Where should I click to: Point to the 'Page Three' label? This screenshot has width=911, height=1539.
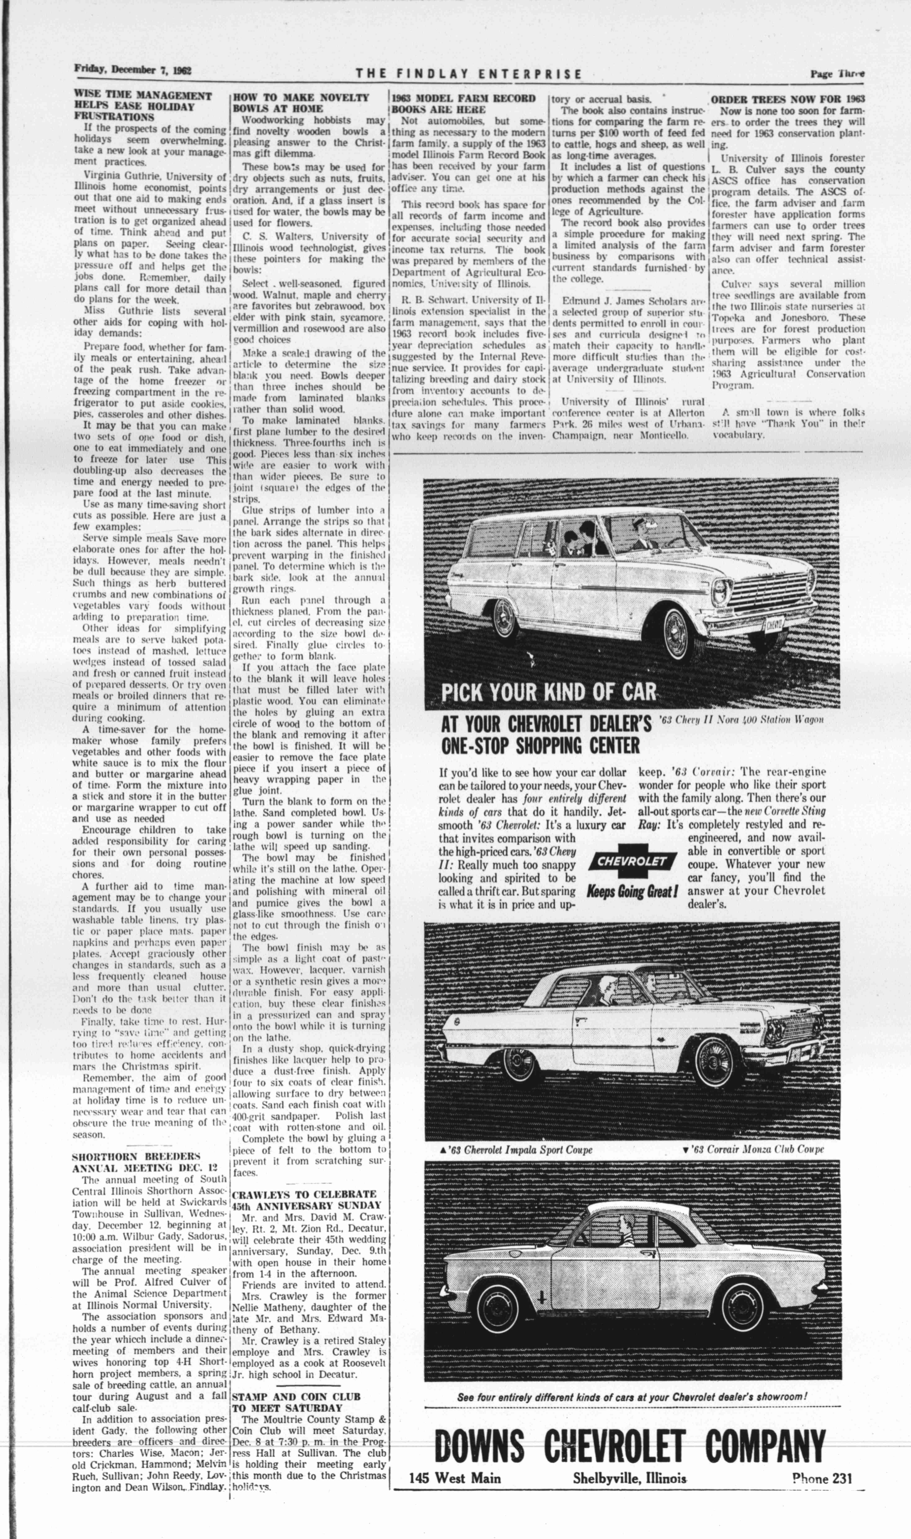click(x=837, y=74)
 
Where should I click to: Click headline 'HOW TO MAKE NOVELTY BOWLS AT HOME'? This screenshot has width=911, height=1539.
click(x=301, y=102)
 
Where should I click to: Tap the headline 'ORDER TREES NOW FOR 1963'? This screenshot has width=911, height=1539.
click(x=788, y=99)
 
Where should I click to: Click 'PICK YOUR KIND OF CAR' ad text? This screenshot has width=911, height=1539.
click(x=548, y=692)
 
